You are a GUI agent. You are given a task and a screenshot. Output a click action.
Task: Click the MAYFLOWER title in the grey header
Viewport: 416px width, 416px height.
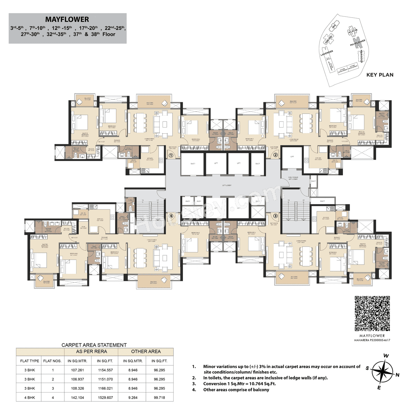[x=67, y=20]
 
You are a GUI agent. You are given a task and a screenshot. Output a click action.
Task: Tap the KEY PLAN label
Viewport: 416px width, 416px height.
[x=380, y=75]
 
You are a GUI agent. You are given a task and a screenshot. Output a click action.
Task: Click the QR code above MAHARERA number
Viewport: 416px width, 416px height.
[x=372, y=314]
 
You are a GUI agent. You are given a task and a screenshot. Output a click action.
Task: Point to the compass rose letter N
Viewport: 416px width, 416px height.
[x=397, y=375]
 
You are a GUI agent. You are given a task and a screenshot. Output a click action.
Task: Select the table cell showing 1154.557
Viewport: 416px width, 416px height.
[x=105, y=370]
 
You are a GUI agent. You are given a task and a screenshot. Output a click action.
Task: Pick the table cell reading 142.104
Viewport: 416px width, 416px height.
[x=77, y=397]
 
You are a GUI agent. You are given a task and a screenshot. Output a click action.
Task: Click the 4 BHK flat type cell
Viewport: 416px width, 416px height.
[x=30, y=397]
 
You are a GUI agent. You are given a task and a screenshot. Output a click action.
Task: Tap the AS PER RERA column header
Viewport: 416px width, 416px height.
[x=91, y=352]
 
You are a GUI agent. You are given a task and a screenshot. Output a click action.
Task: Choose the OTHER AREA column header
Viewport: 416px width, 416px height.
[x=146, y=352]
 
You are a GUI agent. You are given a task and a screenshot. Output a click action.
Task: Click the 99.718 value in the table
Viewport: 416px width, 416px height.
[x=159, y=397]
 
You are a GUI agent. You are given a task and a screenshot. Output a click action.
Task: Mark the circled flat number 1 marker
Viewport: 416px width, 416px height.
[x=171, y=155]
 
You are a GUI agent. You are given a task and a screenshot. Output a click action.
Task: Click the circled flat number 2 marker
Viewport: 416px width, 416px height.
[x=275, y=155]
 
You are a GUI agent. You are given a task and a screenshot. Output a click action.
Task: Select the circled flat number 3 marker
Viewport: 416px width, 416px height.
[x=275, y=216]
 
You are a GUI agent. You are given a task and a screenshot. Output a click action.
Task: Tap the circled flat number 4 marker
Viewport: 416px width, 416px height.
[x=171, y=216]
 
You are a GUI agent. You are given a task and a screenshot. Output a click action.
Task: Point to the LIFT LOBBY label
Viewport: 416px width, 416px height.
[x=227, y=185]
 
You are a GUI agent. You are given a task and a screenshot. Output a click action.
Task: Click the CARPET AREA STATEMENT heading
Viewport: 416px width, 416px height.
[x=94, y=345]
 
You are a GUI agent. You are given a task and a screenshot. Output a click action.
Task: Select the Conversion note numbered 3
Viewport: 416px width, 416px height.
[x=240, y=384]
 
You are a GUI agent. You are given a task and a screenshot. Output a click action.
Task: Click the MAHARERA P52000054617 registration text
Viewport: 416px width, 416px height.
[x=372, y=340]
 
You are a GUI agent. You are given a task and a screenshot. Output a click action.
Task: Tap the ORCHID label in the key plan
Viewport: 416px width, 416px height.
[x=329, y=40]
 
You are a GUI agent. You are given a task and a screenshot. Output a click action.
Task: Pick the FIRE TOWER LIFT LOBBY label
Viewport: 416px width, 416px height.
[x=293, y=178]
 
